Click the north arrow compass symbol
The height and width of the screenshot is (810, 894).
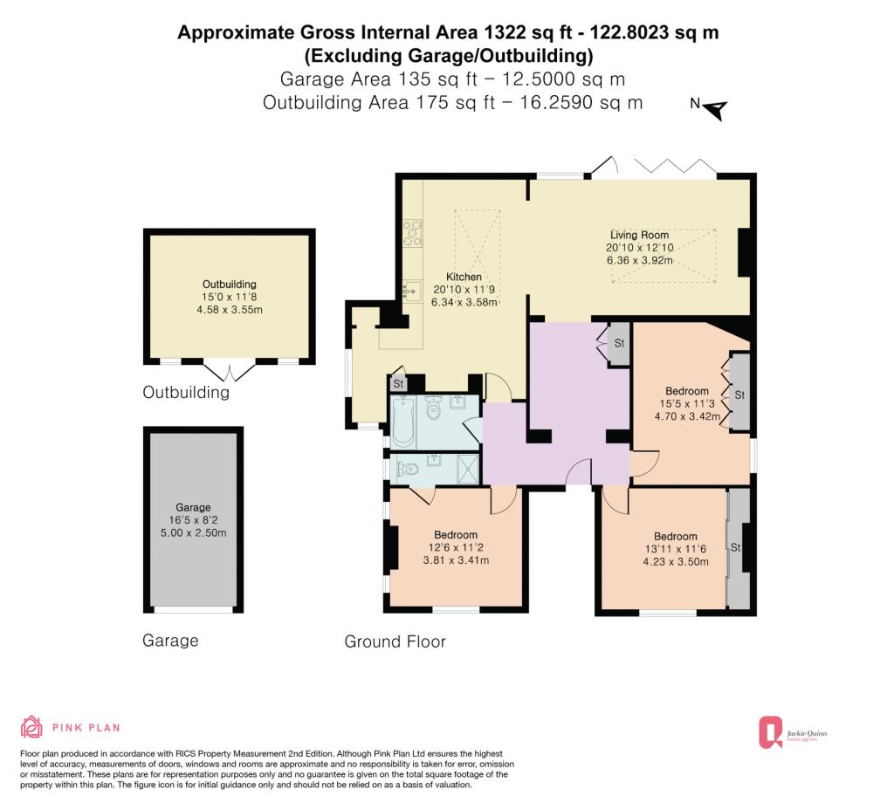pyautogui.click(x=716, y=109)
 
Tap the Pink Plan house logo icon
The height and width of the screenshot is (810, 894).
pyautogui.click(x=31, y=727)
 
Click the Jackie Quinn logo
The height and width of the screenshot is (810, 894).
pyautogui.click(x=793, y=732)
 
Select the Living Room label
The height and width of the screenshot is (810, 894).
pyautogui.click(x=640, y=235)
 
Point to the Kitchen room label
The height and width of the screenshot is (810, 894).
pyautogui.click(x=464, y=277)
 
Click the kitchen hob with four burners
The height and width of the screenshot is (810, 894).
pyautogui.click(x=413, y=233)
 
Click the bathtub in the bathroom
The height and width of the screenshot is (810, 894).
pyautogui.click(x=403, y=422)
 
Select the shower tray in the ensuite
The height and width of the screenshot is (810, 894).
pyautogui.click(x=469, y=470)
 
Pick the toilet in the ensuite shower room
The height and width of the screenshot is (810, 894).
pyautogui.click(x=409, y=469)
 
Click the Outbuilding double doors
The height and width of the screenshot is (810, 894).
pyautogui.click(x=230, y=372)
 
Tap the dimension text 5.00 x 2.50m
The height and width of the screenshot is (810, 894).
pyautogui.click(x=194, y=533)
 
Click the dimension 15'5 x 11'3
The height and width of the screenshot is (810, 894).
pyautogui.click(x=687, y=403)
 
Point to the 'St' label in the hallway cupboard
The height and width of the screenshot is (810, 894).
pyautogui.click(x=619, y=343)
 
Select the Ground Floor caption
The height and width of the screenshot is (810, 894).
pyautogui.click(x=395, y=642)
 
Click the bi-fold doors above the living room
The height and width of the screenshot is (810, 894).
pyautogui.click(x=676, y=167)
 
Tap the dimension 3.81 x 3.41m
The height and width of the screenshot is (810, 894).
pyautogui.click(x=456, y=560)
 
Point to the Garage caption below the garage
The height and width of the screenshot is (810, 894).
pyautogui.click(x=170, y=641)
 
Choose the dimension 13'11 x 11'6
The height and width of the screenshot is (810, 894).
pyautogui.click(x=676, y=549)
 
